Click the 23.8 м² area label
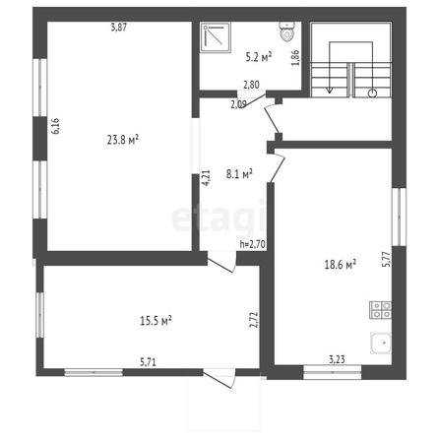123,140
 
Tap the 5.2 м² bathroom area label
259,57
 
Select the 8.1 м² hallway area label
239,173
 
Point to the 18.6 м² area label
341,264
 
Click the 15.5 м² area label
156,320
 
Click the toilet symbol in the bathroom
286,31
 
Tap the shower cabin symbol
216,37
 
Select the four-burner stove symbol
381,310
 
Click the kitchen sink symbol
381,343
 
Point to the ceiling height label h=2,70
252,244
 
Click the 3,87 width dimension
118,28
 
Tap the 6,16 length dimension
55,126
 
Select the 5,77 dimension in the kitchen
387,259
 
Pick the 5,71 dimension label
148,362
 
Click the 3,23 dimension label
337,359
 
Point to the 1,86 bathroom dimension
295,58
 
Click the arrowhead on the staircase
330,91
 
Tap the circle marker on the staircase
372,94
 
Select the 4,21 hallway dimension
206,178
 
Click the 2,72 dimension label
254,320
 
